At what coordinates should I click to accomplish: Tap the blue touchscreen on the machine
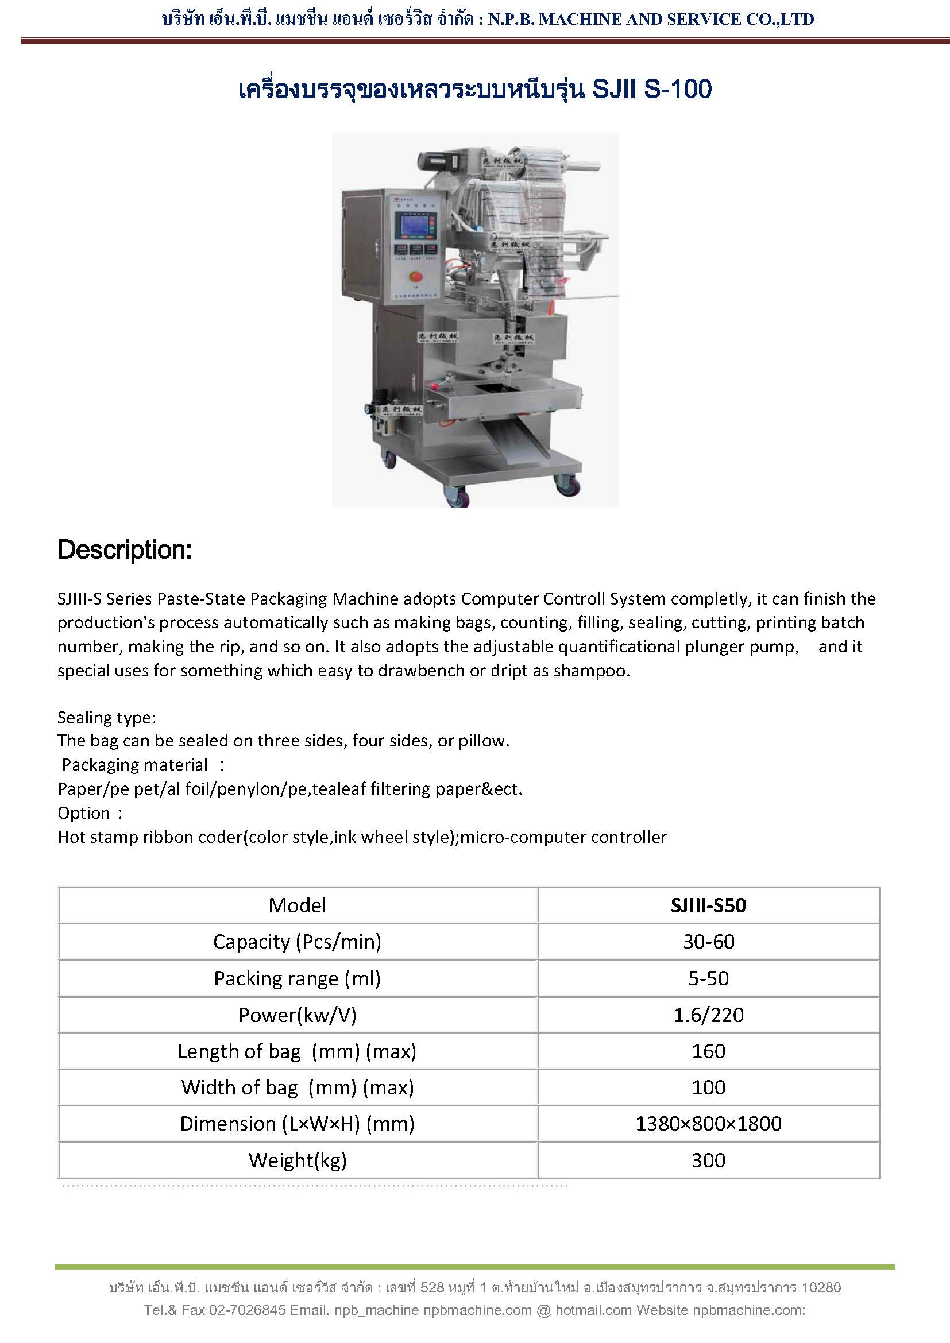416,225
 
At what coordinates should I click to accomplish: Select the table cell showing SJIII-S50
708,905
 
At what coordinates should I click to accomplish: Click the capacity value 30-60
708,942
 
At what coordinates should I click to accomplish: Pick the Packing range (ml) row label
297,978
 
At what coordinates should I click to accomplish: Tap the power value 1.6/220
708,1015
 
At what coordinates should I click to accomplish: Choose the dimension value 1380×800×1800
708,1124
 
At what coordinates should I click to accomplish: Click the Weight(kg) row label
297,1160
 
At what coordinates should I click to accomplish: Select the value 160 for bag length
708,1051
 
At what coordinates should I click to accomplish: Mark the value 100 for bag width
708,1087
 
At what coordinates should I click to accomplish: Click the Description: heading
125,550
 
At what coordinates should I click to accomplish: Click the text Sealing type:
106,717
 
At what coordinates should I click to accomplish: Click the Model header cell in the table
297,905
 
